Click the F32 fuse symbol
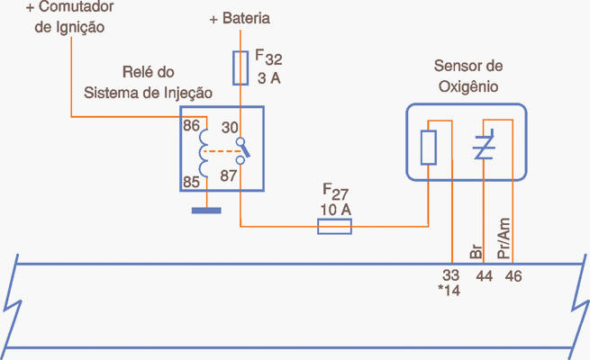[241, 67]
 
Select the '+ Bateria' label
[240, 18]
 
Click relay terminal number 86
[191, 126]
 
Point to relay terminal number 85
[191, 182]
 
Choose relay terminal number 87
[229, 175]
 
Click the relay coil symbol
[204, 153]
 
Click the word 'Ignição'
[80, 27]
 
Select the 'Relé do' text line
[148, 71]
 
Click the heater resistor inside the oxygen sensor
[429, 145]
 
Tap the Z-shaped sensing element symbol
[484, 145]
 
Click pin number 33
[451, 276]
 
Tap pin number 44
[484, 276]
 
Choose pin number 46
[513, 276]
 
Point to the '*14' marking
[449, 292]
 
